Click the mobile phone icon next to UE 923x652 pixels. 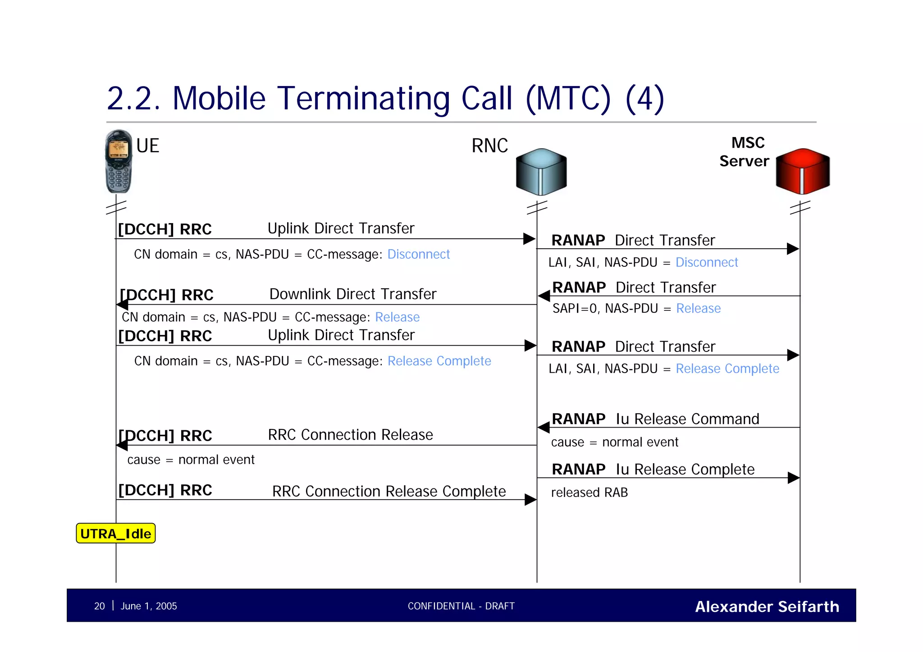(x=119, y=161)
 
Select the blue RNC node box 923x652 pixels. (x=541, y=172)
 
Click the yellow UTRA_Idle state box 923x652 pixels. (x=116, y=533)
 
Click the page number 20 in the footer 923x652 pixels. (x=99, y=606)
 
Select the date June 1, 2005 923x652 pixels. (x=149, y=606)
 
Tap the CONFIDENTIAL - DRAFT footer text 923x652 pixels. (x=461, y=606)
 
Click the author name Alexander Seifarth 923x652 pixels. (x=767, y=606)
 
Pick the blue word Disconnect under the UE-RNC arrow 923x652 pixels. (x=418, y=255)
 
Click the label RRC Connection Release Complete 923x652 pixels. (x=388, y=491)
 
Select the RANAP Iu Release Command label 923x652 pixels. (x=655, y=419)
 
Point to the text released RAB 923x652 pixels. (x=589, y=492)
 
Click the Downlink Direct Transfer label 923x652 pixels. (x=352, y=294)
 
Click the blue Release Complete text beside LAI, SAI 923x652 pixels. (x=727, y=369)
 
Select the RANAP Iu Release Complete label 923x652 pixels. (x=653, y=470)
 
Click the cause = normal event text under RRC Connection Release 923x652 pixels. (x=191, y=460)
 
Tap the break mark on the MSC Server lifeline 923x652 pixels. (x=800, y=208)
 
